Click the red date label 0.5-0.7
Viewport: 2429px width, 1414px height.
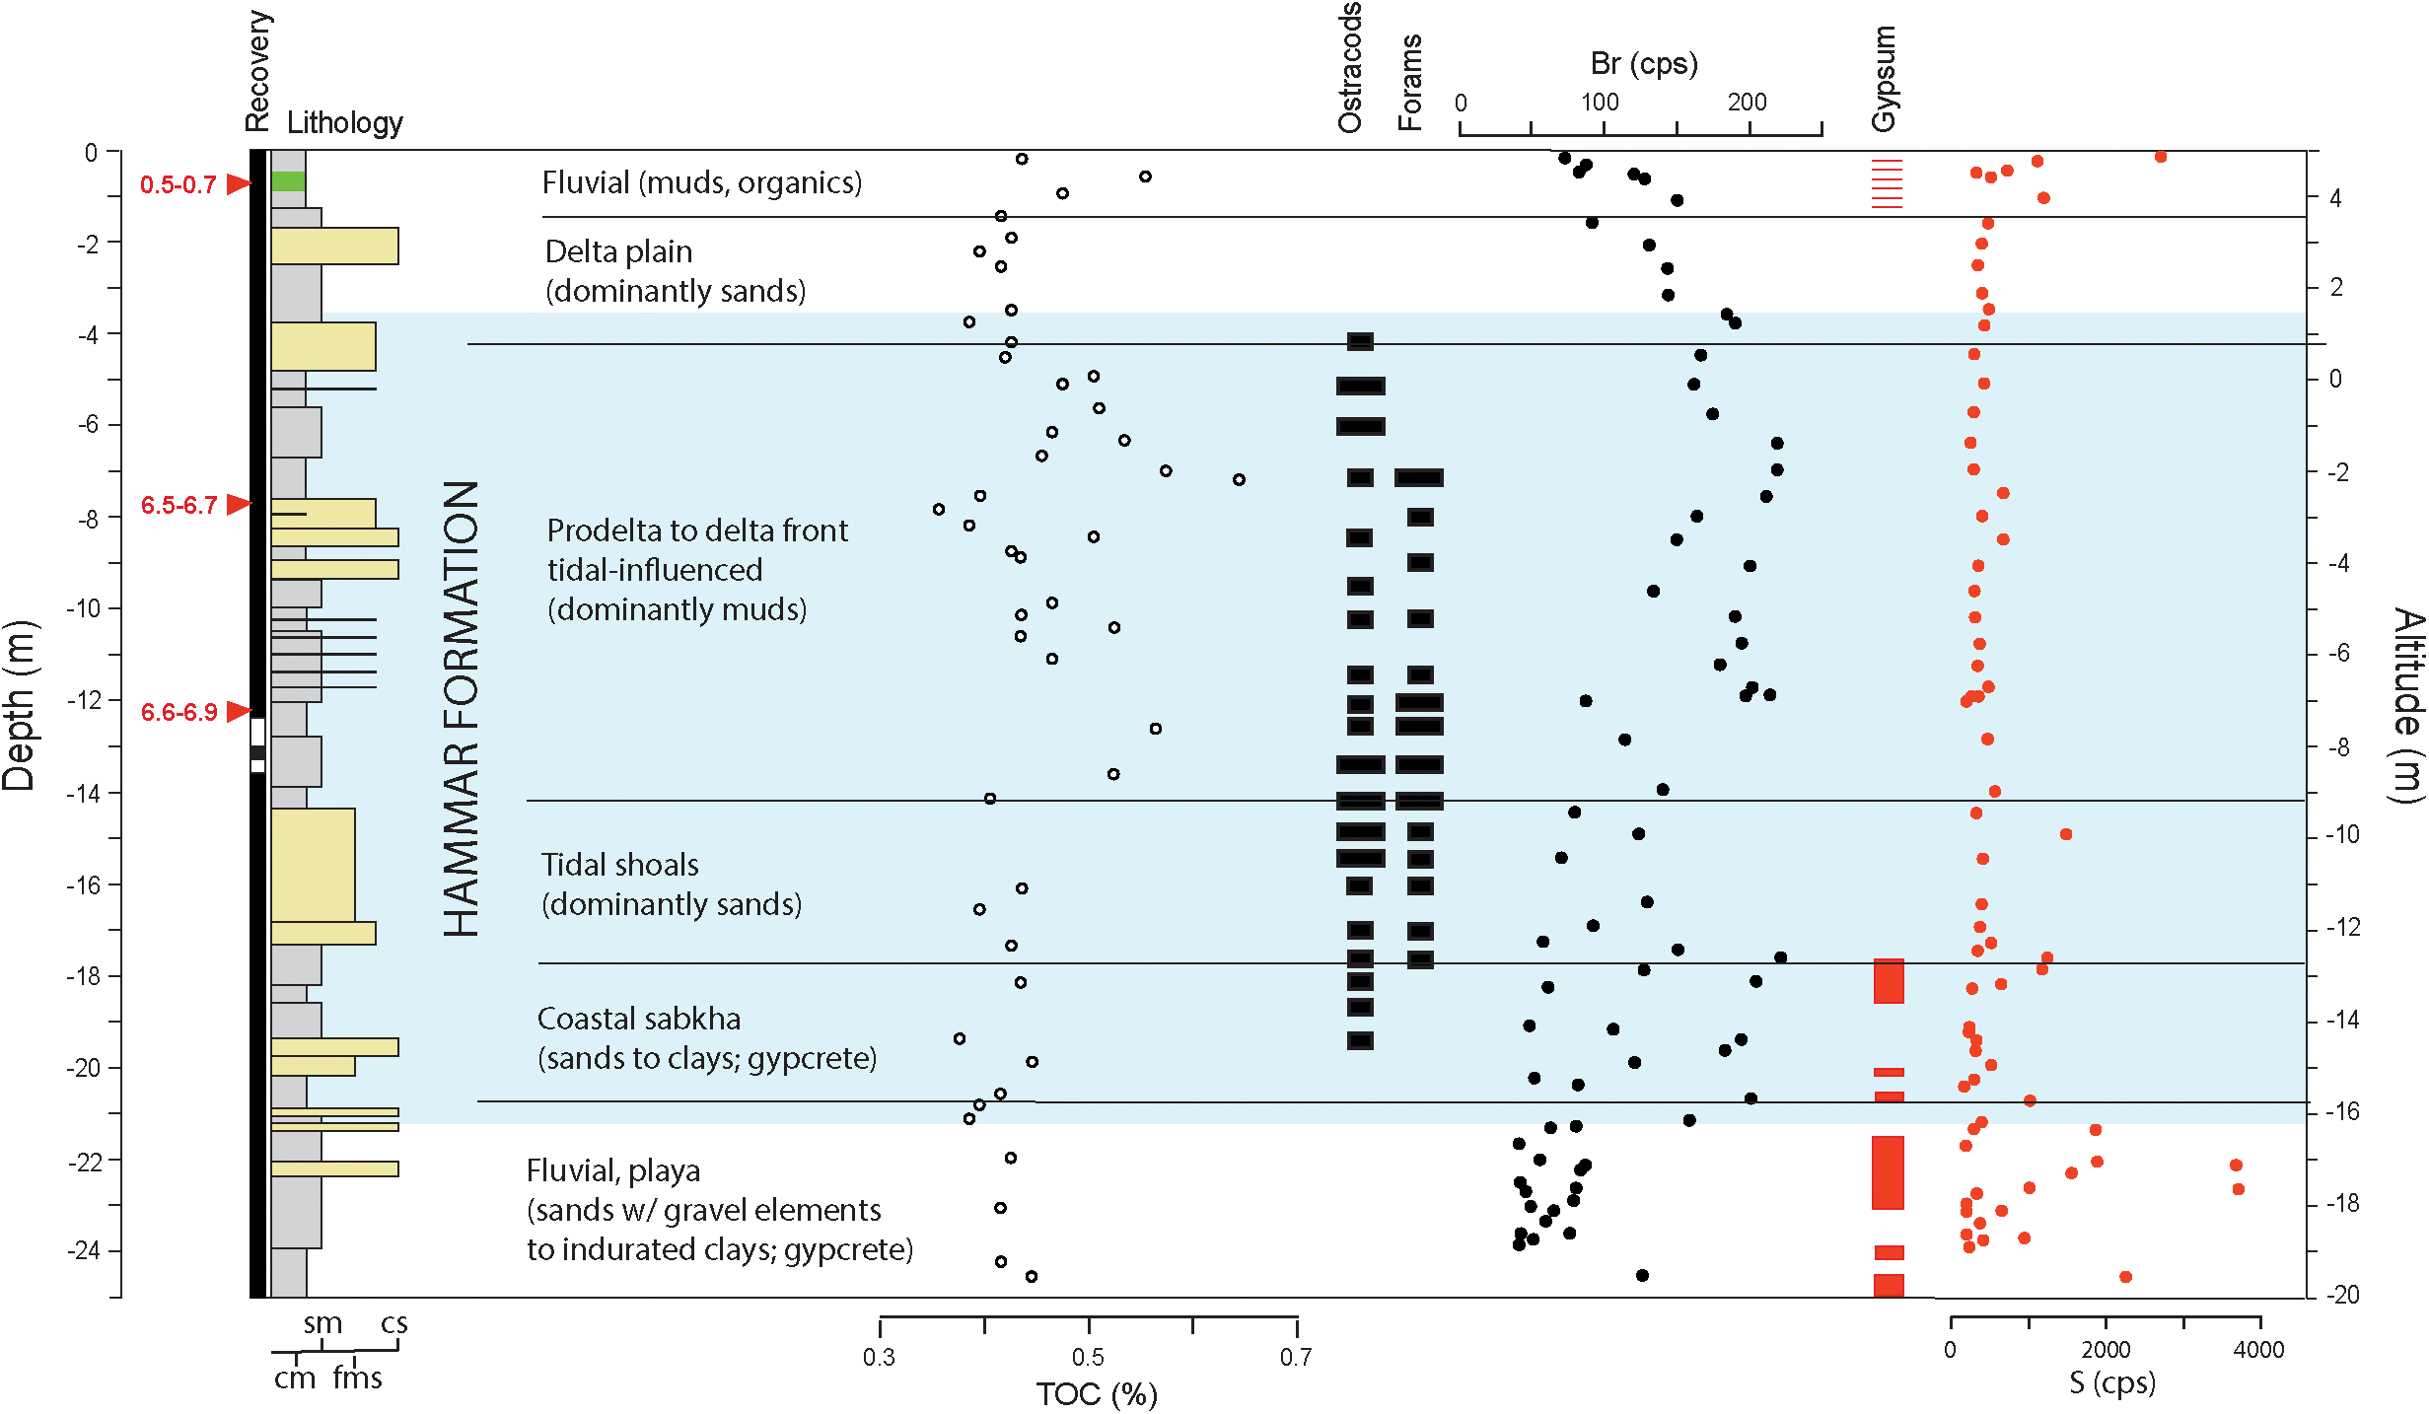coord(178,184)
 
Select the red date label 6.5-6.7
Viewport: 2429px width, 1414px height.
coord(179,505)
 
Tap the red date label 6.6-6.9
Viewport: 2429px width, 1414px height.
coord(179,712)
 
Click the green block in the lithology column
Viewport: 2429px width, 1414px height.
coord(288,181)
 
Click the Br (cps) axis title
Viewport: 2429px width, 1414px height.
coord(1644,64)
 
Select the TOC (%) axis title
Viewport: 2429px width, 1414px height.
coord(1097,1394)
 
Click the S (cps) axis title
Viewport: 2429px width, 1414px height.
coord(2112,1382)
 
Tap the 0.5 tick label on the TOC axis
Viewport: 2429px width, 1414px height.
coord(1088,1357)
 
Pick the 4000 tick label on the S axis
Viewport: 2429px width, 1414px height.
coord(2258,1349)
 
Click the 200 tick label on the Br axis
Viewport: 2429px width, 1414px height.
coord(1747,102)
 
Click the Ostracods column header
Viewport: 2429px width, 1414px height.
coord(1349,67)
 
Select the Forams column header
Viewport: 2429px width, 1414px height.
coord(1410,83)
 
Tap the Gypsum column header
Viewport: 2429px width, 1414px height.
coord(1884,79)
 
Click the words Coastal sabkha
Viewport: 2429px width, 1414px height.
coord(639,1019)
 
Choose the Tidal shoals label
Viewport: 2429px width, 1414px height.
coord(620,865)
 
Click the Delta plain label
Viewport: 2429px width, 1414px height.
coord(618,251)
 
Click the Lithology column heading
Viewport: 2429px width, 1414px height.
coord(345,122)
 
